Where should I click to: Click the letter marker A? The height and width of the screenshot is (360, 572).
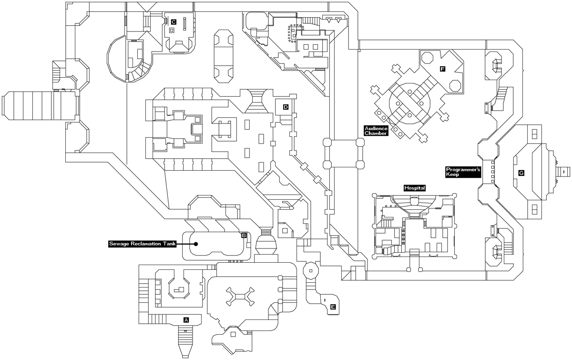coord(186,320)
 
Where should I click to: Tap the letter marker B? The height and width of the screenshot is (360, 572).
coord(244,235)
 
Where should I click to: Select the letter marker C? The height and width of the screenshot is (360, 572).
coord(174,21)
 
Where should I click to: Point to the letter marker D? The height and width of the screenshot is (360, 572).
coord(286,107)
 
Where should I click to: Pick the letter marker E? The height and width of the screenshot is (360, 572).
coord(333,307)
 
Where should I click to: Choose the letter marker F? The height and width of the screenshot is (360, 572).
coord(442,70)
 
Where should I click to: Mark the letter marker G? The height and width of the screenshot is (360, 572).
coord(521,173)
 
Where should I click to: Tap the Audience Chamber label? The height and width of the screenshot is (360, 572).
coord(376,131)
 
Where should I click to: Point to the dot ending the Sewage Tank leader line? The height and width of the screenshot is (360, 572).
coord(196,244)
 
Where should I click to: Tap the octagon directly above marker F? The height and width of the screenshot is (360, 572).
coord(428,56)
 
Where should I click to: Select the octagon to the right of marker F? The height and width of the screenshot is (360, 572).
coord(455,84)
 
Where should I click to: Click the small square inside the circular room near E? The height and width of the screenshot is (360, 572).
coord(311,271)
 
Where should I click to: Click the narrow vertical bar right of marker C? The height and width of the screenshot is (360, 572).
coord(184,22)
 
